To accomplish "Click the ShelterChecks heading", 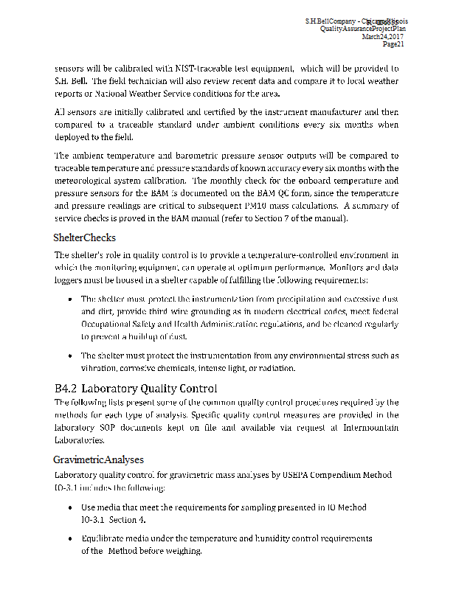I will point(84,238).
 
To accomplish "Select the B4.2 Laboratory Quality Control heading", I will point(136,388).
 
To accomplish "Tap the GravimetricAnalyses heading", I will point(98,459).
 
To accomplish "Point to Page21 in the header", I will point(393,44).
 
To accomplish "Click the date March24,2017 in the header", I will point(383,36).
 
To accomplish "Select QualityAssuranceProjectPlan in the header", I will point(362,29).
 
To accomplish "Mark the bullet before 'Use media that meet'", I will point(69,508).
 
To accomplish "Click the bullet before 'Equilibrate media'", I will point(69,540).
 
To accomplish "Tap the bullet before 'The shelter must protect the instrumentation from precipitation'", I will point(69,299).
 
